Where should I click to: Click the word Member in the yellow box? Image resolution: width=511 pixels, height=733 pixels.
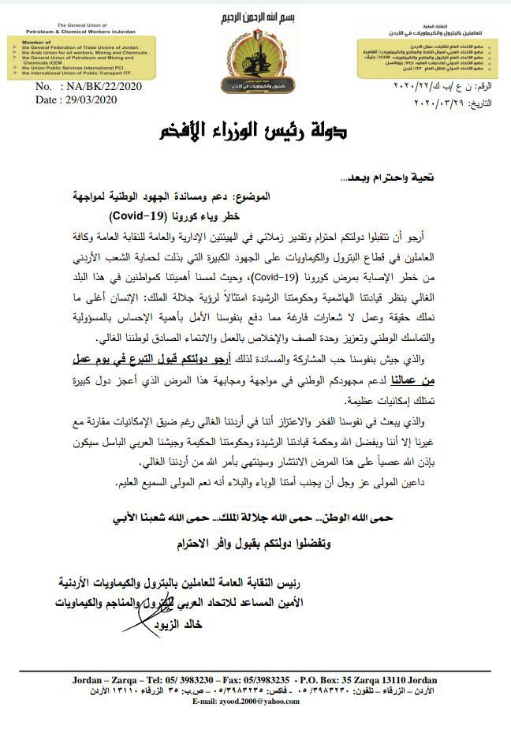click(35, 41)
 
